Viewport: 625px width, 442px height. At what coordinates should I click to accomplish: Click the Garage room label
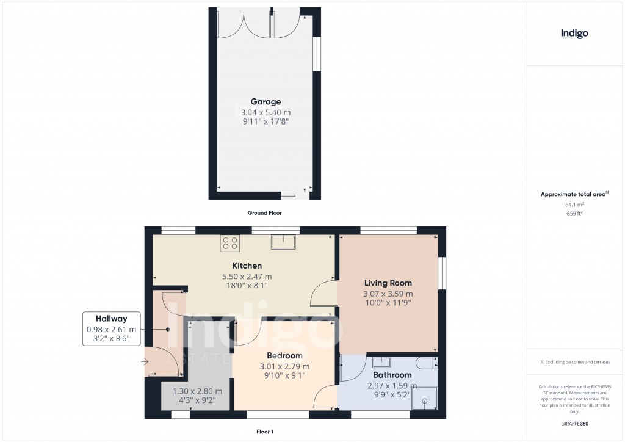pyautogui.click(x=266, y=102)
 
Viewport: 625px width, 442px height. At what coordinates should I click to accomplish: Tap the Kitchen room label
pyautogui.click(x=247, y=266)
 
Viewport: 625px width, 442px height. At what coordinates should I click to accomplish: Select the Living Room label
pyautogui.click(x=388, y=283)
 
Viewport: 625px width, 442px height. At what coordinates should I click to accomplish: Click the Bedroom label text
pyautogui.click(x=284, y=355)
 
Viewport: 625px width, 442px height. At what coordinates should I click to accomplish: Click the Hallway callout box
pyautogui.click(x=112, y=328)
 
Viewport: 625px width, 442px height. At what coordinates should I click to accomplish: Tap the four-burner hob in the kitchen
pyautogui.click(x=230, y=243)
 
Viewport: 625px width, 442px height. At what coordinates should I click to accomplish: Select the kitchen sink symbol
pyautogui.click(x=283, y=242)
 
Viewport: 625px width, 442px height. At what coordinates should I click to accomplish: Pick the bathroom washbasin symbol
pyautogui.click(x=381, y=362)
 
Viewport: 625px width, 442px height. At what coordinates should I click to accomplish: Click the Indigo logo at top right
pyautogui.click(x=574, y=34)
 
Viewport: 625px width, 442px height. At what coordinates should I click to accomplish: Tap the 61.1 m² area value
pyautogui.click(x=574, y=205)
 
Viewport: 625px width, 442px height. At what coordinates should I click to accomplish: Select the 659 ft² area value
pyautogui.click(x=574, y=214)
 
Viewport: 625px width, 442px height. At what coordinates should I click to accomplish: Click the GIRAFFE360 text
pyautogui.click(x=574, y=424)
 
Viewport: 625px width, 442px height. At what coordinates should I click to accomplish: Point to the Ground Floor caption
pyautogui.click(x=265, y=213)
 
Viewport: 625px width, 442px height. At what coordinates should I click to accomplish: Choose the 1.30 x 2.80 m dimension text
pyautogui.click(x=197, y=391)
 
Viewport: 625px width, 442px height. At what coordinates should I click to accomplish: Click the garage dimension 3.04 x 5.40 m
pyautogui.click(x=266, y=112)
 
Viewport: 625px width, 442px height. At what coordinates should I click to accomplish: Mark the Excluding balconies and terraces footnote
pyautogui.click(x=574, y=363)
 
